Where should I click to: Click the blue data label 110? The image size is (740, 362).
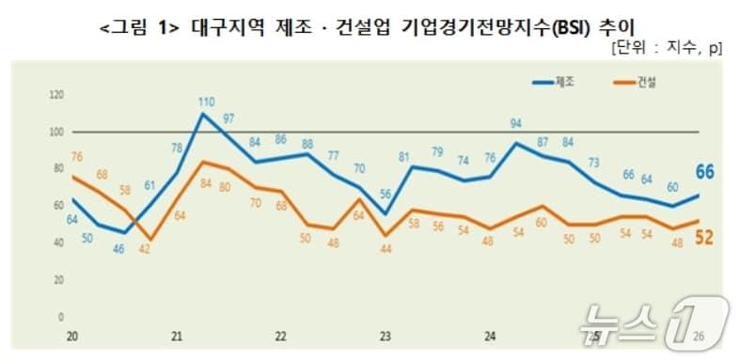207,101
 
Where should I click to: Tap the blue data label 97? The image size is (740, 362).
228,118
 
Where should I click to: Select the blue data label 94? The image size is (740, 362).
515,123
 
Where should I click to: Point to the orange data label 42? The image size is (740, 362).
146,248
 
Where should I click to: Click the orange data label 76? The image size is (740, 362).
77,156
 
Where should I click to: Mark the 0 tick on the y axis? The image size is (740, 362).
61,318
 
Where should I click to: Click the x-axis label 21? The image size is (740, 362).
176,336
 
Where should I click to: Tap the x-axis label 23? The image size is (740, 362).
385,336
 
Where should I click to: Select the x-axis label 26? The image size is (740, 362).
698,336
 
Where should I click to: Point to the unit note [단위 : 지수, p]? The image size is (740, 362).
666,47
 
